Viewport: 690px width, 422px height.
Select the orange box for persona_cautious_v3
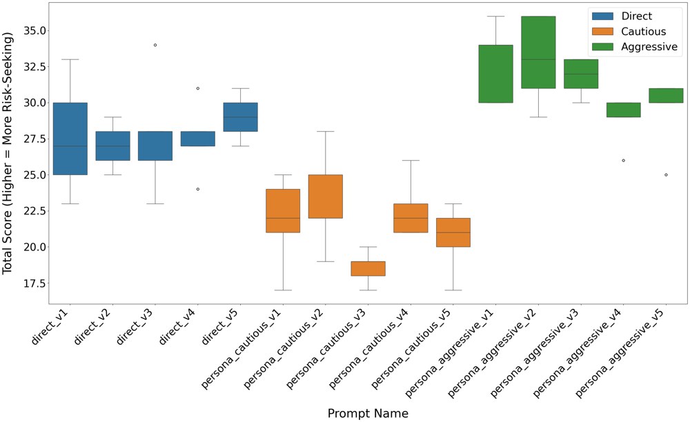coord(368,268)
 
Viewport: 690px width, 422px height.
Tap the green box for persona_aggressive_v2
coord(538,52)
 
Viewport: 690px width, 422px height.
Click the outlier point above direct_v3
coord(155,45)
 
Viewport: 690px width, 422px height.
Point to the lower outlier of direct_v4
coord(197,189)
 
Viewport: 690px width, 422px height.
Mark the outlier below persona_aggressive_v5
coord(666,174)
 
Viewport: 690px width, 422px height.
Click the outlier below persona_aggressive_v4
coord(623,160)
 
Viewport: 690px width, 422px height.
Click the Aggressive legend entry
coord(631,48)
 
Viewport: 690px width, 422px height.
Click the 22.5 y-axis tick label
coord(29,218)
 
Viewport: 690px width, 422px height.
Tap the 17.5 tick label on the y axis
coord(29,283)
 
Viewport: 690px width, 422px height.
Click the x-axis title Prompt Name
coord(368,413)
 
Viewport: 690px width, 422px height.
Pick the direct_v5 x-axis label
coord(221,325)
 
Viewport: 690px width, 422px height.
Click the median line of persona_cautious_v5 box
coord(453,232)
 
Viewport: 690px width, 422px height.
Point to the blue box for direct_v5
coord(240,117)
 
